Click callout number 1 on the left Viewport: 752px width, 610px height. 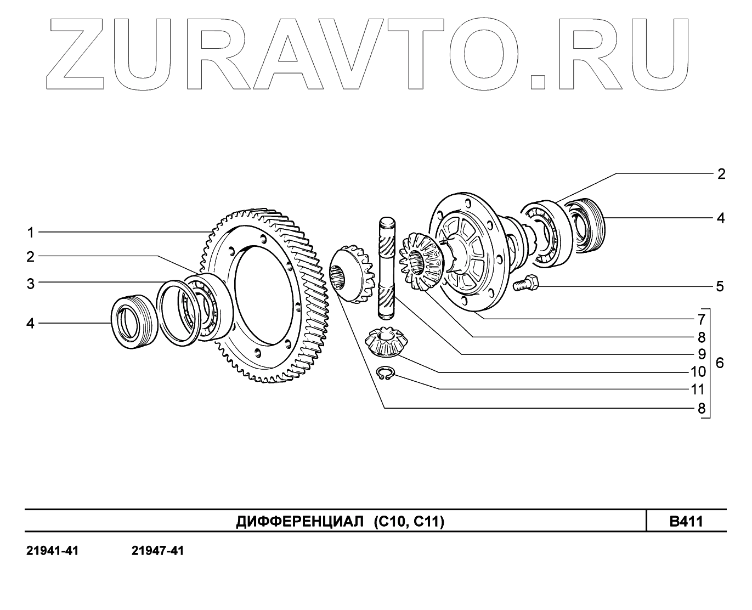pos(31,233)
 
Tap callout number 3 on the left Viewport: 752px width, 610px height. pos(31,284)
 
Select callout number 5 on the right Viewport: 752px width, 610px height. pos(720,286)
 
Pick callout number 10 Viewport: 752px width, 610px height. pos(698,372)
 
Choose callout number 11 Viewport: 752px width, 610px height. pos(698,389)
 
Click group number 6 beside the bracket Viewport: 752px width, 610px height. pos(720,363)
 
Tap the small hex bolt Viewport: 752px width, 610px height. pos(526,284)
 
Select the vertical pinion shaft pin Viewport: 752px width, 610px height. pos(387,267)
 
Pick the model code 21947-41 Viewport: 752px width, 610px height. pos(157,551)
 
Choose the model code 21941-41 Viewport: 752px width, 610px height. pos(52,551)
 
